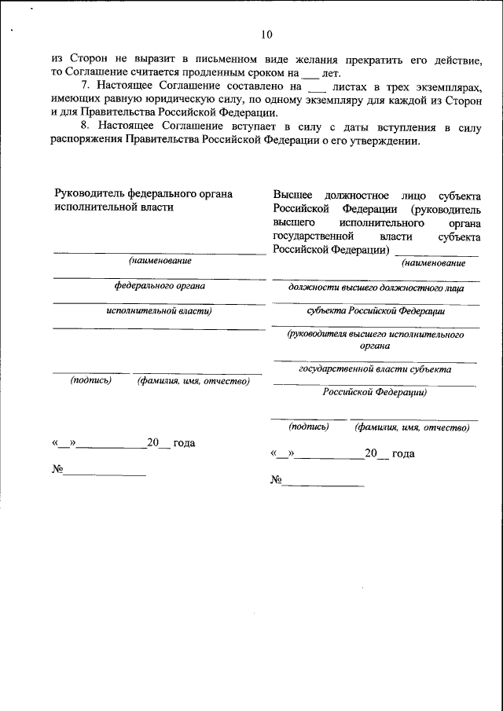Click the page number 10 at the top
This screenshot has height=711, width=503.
pyautogui.click(x=266, y=34)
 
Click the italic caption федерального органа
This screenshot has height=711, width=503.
pyautogui.click(x=160, y=286)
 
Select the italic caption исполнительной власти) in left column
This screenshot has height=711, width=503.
pyautogui.click(x=160, y=310)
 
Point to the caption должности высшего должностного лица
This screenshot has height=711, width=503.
pyautogui.click(x=376, y=288)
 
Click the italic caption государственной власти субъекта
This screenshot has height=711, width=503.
pyautogui.click(x=375, y=368)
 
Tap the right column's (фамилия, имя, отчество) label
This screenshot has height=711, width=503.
pyautogui.click(x=412, y=427)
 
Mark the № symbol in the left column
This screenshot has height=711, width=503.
pyautogui.click(x=57, y=470)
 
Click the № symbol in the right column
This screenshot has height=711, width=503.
pyautogui.click(x=276, y=480)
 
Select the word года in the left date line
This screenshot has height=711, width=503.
pyautogui.click(x=184, y=443)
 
